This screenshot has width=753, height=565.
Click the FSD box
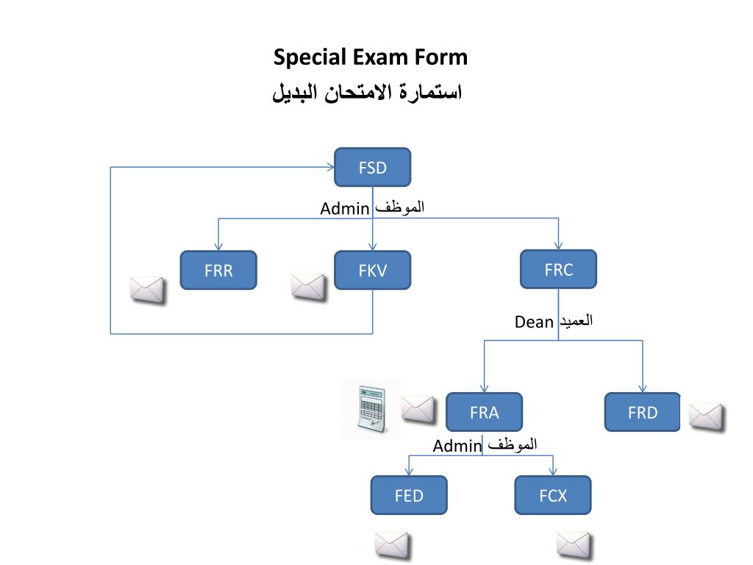pyautogui.click(x=372, y=168)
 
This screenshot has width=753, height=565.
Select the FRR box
pyautogui.click(x=218, y=270)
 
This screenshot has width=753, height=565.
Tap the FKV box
pyautogui.click(x=372, y=270)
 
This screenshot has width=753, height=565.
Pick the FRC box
pyautogui.click(x=558, y=269)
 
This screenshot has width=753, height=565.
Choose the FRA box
pyautogui.click(x=484, y=412)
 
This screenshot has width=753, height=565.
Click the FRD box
pyautogui.click(x=642, y=412)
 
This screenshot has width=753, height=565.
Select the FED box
pyautogui.click(x=409, y=495)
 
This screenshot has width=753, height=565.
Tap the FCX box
pyautogui.click(x=553, y=495)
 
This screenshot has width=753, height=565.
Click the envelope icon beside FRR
pyautogui.click(x=147, y=290)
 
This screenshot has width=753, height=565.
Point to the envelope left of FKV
pyautogui.click(x=308, y=287)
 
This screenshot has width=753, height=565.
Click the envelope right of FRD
pyautogui.click(x=706, y=416)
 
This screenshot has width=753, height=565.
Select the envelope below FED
pyautogui.click(x=391, y=546)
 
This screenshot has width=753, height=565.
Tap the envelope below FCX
pyautogui.click(x=574, y=546)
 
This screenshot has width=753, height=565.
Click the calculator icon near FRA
pyautogui.click(x=371, y=409)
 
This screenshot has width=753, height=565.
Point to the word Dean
pyautogui.click(x=534, y=321)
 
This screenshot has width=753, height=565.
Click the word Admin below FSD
pyautogui.click(x=344, y=209)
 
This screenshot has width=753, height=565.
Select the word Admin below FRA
pyautogui.click(x=457, y=447)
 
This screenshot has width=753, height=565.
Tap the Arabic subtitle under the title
pyautogui.click(x=367, y=93)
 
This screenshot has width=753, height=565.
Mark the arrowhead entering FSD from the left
pyautogui.click(x=330, y=167)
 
